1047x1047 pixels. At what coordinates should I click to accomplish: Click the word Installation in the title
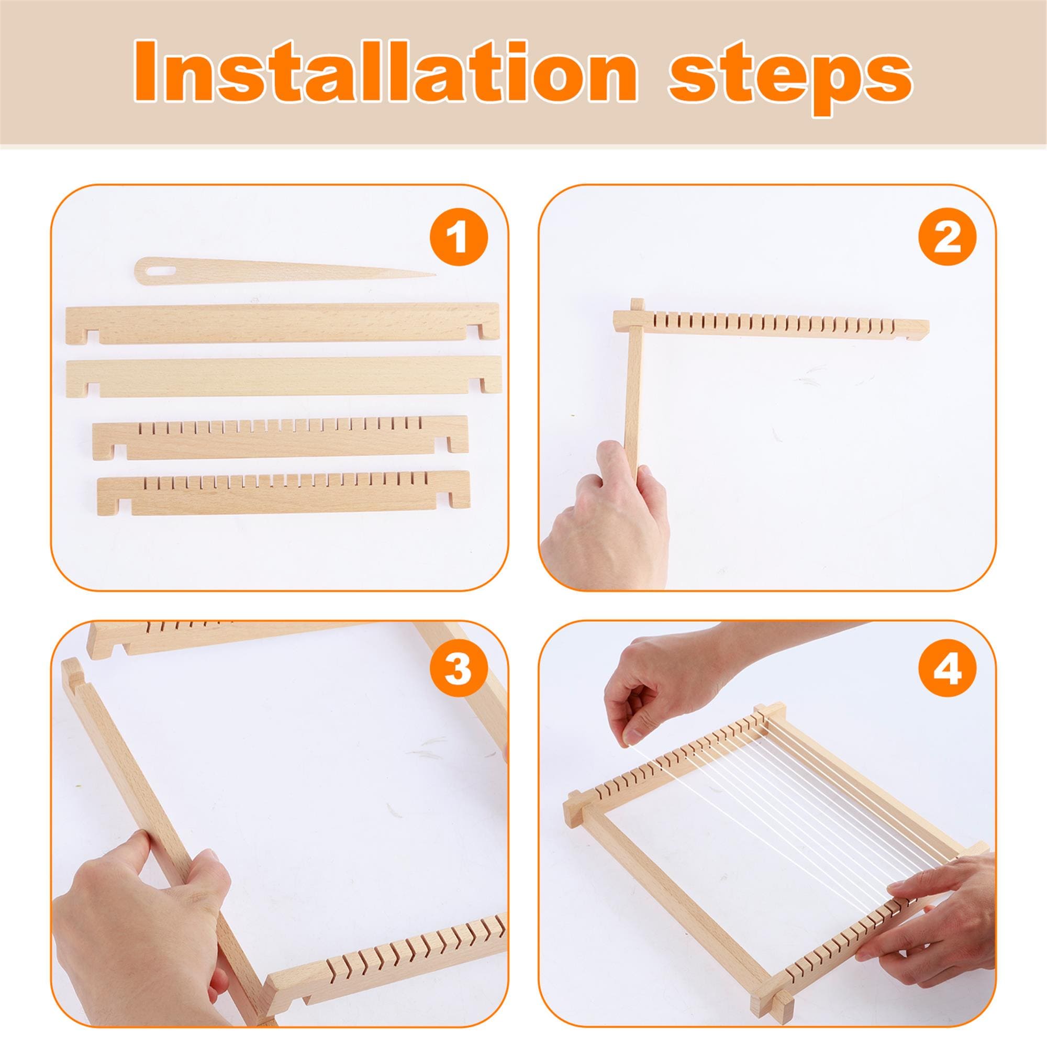(x=382, y=72)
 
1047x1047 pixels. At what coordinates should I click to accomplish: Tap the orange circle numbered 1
(x=459, y=237)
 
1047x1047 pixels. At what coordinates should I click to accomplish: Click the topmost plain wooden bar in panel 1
(x=282, y=322)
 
